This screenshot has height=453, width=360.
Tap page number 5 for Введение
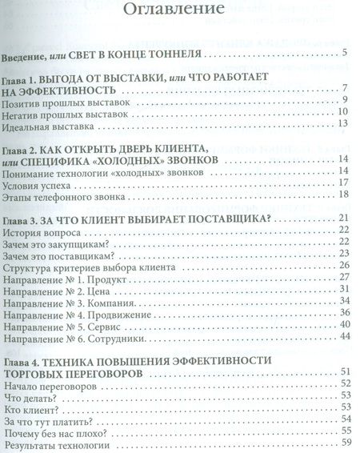[343, 54]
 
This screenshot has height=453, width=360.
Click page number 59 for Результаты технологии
[346, 445]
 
